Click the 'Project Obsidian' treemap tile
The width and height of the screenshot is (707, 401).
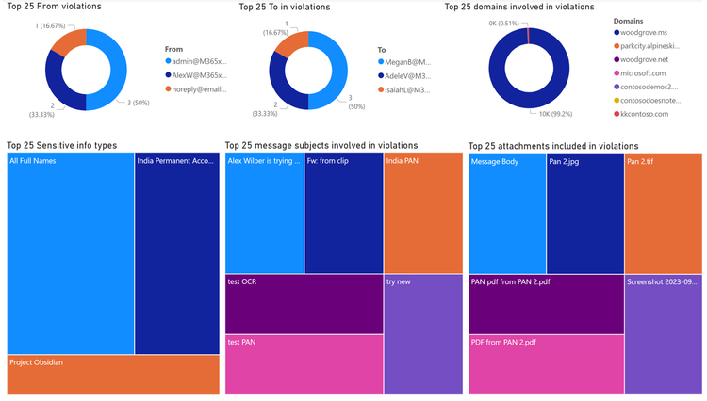[x=112, y=375]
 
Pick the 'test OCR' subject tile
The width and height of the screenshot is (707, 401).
[x=304, y=304]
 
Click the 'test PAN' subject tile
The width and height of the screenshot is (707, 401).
[x=304, y=364]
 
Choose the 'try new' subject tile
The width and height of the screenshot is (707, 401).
[x=409, y=334]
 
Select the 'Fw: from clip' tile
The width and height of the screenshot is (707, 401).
[x=343, y=214]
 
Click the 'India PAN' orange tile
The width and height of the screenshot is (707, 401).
[x=409, y=214]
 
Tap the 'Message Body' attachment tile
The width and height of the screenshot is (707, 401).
[x=506, y=214]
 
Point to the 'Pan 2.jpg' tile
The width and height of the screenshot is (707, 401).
[x=584, y=214]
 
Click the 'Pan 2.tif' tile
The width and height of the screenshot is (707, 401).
[x=663, y=214]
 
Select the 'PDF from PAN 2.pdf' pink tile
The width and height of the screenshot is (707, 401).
[x=546, y=364]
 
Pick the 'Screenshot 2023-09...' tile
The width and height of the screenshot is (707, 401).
[x=663, y=334]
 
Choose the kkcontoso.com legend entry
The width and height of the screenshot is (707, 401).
[x=646, y=114]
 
